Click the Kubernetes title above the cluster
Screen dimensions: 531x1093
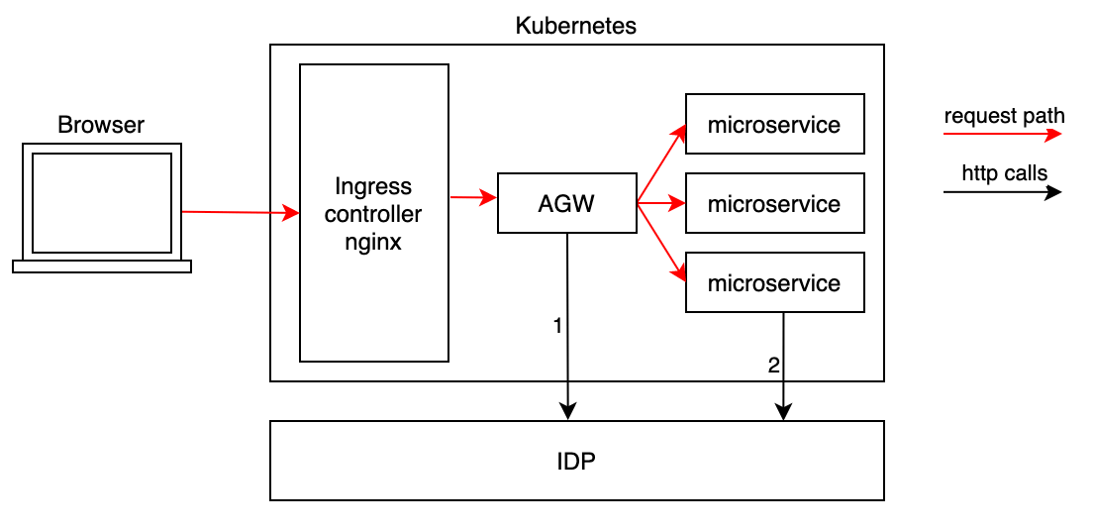[x=575, y=26]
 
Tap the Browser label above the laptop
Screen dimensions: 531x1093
[x=101, y=126]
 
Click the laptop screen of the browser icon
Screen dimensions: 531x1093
[x=101, y=203]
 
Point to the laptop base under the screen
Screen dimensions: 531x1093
[x=101, y=265]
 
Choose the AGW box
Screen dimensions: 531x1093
[x=566, y=204]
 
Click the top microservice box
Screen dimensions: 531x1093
[x=774, y=125]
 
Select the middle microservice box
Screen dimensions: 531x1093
[x=774, y=204]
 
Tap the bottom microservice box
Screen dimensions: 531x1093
[x=774, y=283]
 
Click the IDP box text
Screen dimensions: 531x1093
[x=576, y=462]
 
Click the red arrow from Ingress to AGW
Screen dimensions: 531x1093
[x=472, y=198]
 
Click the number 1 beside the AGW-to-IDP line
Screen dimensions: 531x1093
[x=557, y=326]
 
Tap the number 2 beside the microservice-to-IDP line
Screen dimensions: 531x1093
[x=773, y=366]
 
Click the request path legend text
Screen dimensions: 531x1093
[x=1004, y=116]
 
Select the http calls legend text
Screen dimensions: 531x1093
[x=1004, y=174]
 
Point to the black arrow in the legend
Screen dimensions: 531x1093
[x=1002, y=192]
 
